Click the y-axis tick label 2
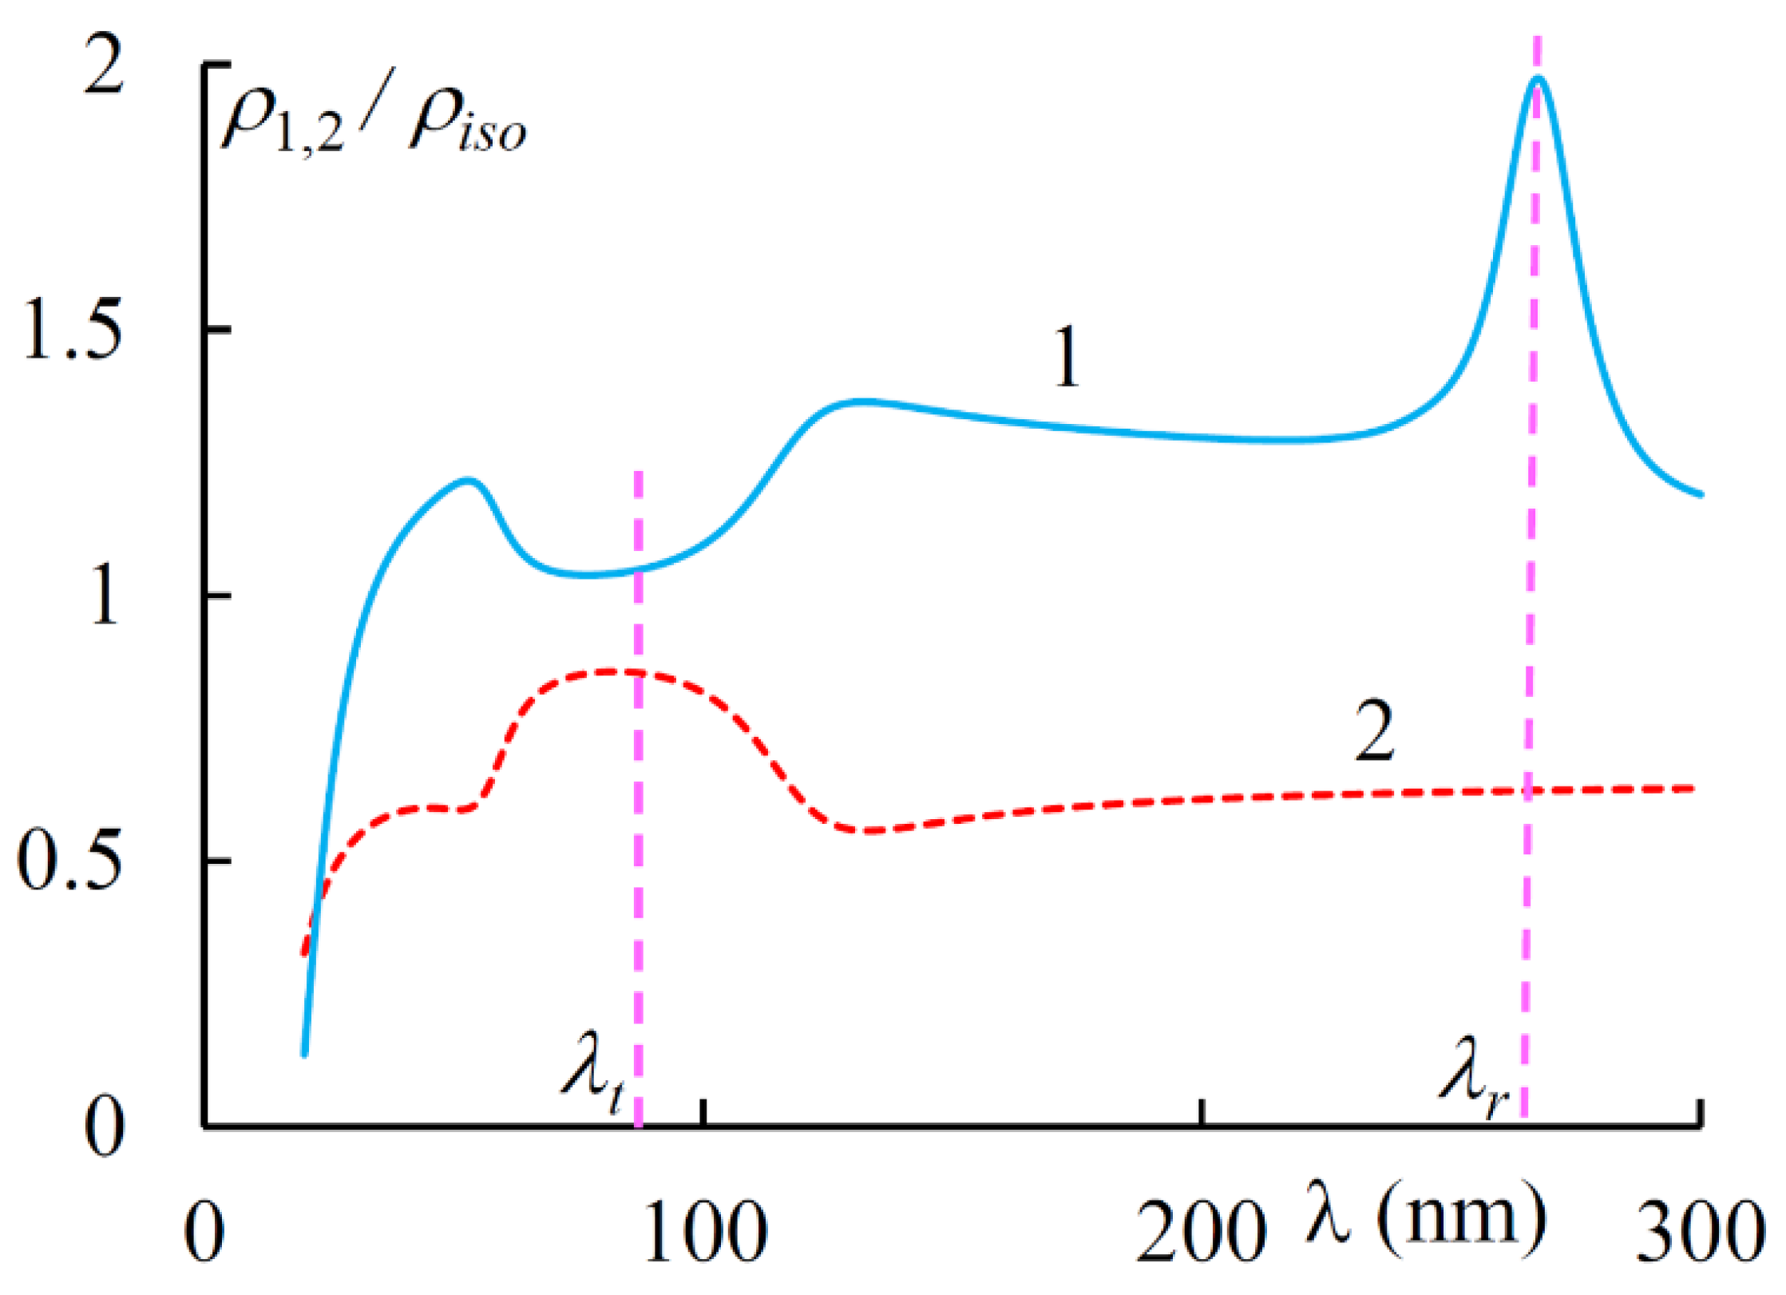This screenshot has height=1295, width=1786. [x=104, y=68]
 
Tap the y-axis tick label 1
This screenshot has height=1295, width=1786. [x=104, y=596]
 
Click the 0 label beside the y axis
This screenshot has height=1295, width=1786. [x=104, y=1128]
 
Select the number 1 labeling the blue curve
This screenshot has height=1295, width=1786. [x=1067, y=357]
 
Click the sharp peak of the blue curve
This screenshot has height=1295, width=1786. [x=1538, y=78]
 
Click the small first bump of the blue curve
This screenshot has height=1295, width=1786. [x=469, y=480]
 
